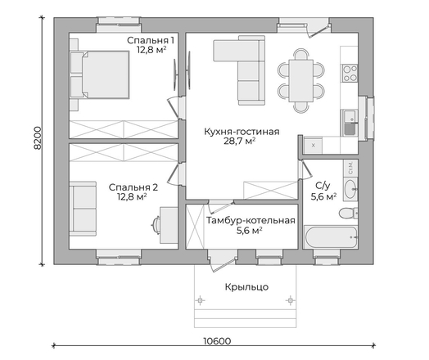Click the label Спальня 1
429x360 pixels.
[x=151, y=40]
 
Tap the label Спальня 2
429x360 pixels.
[x=133, y=187]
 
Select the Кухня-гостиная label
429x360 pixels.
[x=242, y=132]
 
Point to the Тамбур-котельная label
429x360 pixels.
[x=251, y=220]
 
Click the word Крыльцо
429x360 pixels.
[x=246, y=287]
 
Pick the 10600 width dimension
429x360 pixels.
[x=217, y=341]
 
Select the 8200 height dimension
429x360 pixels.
[x=37, y=137]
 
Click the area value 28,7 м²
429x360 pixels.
[x=240, y=141]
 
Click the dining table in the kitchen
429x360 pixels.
[x=301, y=81]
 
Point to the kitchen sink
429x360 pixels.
[x=350, y=123]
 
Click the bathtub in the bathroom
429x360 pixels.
[x=331, y=237]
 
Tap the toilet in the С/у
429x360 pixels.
[x=348, y=213]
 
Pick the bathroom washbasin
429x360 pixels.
[x=350, y=189]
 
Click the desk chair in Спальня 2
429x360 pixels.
[x=156, y=225]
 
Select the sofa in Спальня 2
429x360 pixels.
[x=83, y=209]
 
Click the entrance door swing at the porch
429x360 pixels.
[x=222, y=263]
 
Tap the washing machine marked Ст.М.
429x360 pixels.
[x=350, y=168]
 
